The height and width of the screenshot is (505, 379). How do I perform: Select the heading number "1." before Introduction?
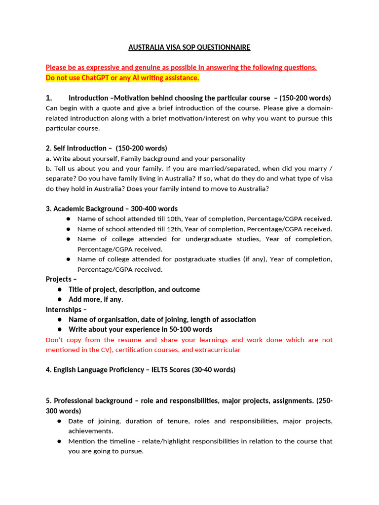tap(49, 98)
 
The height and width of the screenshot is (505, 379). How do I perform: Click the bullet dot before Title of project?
tap(60, 289)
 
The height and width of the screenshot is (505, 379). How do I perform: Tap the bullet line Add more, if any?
tap(96, 299)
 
